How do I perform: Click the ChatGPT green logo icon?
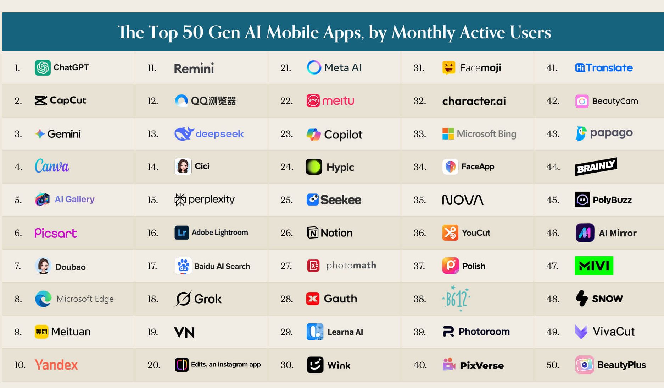pyautogui.click(x=43, y=67)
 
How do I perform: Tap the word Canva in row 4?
pyautogui.click(x=52, y=166)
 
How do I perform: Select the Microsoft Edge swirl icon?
pyautogui.click(x=43, y=299)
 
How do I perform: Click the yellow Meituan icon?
pyautogui.click(x=41, y=332)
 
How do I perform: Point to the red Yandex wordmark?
pyautogui.click(x=56, y=365)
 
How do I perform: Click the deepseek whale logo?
pyautogui.click(x=184, y=134)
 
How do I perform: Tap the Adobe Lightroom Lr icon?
pyautogui.click(x=182, y=233)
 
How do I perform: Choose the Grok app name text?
pyautogui.click(x=208, y=299)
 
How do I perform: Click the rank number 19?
pyautogui.click(x=153, y=332)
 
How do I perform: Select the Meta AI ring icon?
pyautogui.click(x=314, y=67)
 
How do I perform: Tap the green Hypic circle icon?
pyautogui.click(x=314, y=166)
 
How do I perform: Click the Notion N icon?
pyautogui.click(x=312, y=233)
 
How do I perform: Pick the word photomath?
pyautogui.click(x=351, y=266)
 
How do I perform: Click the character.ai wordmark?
pyautogui.click(x=474, y=101)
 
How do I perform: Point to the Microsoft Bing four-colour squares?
pyautogui.click(x=448, y=134)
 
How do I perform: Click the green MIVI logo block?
pyautogui.click(x=594, y=266)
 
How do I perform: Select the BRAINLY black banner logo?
pyautogui.click(x=596, y=166)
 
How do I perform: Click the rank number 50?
pyautogui.click(x=552, y=365)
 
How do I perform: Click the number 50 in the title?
pyautogui.click(x=193, y=32)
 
